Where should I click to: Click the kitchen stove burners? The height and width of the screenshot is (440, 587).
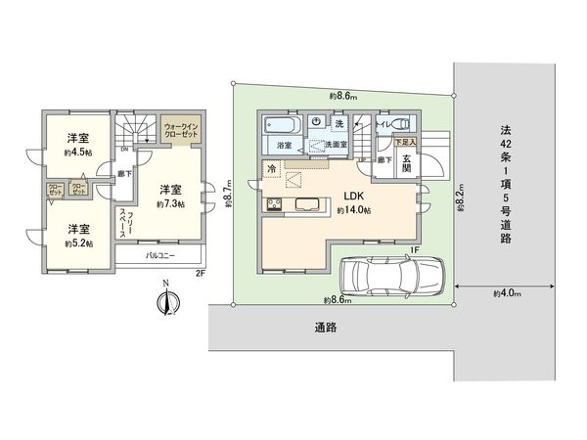pyautogui.click(x=273, y=204)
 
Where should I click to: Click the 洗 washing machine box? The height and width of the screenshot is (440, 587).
pyautogui.click(x=339, y=124)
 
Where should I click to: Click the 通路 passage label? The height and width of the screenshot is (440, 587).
pyautogui.click(x=326, y=328)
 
